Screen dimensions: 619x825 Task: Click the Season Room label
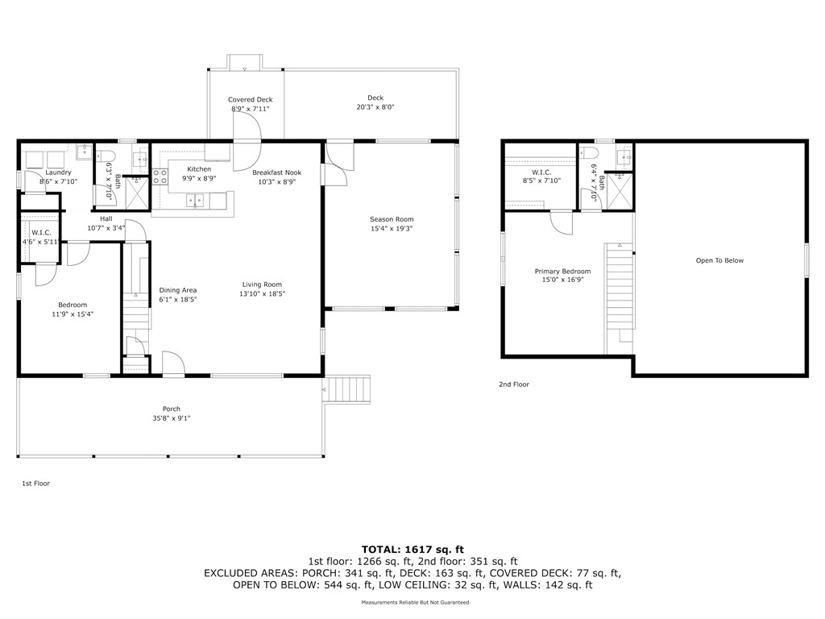(392, 219)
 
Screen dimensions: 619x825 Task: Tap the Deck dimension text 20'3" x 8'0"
(375, 107)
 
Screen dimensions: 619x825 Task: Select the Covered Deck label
(251, 99)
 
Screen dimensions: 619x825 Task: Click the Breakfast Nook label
(276, 172)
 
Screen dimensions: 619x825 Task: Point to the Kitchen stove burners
(160, 177)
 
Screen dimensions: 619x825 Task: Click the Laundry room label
(58, 172)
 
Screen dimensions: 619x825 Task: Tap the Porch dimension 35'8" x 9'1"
(171, 418)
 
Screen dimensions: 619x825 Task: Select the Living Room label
(263, 284)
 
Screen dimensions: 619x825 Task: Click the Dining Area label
(178, 290)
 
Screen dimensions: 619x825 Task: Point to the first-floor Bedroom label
(73, 305)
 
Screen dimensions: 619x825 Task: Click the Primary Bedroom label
(562, 272)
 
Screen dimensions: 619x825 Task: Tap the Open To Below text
(719, 260)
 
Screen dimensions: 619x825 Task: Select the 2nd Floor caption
(514, 384)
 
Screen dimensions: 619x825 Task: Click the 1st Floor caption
(35, 484)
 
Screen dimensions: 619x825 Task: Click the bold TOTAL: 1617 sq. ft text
(412, 548)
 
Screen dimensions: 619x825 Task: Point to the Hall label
(106, 218)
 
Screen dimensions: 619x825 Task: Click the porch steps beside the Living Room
(348, 392)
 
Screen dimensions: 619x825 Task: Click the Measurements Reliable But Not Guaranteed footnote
(416, 602)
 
